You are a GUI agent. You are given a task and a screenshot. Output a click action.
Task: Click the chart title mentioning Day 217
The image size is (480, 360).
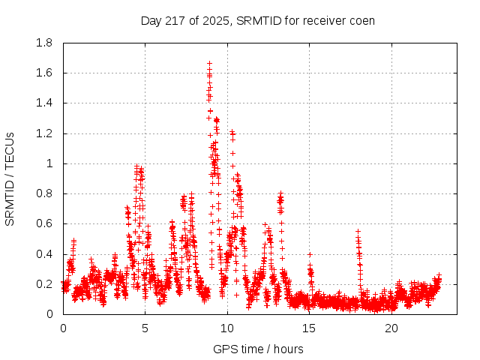[258, 20]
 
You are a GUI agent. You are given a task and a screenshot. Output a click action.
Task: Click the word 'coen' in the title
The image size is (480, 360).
[361, 20]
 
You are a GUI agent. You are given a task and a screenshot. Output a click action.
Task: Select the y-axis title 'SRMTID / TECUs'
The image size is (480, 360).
[10, 178]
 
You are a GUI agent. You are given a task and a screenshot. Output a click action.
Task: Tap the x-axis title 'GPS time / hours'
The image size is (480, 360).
[258, 349]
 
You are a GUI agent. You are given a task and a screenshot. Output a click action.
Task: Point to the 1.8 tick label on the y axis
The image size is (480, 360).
[44, 43]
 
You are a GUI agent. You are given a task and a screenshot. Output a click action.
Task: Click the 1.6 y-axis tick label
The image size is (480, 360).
[44, 73]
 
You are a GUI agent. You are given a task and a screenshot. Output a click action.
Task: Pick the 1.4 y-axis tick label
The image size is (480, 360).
[44, 103]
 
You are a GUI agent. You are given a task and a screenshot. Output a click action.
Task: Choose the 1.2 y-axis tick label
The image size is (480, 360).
[44, 133]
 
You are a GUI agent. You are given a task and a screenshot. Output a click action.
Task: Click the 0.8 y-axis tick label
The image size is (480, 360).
[44, 193]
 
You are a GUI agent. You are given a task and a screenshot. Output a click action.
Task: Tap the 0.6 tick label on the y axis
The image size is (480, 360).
[44, 223]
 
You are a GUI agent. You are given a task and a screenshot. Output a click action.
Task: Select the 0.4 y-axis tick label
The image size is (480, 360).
[44, 254]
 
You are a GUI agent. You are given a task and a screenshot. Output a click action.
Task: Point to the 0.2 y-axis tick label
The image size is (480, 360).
[44, 284]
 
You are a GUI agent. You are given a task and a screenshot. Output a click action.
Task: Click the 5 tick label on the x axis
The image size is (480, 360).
[145, 328]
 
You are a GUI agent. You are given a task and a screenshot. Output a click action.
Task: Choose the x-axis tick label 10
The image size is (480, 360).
[227, 328]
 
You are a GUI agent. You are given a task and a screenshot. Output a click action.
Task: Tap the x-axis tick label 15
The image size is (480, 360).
[310, 328]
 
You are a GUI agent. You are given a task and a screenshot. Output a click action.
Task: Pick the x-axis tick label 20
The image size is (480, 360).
[391, 328]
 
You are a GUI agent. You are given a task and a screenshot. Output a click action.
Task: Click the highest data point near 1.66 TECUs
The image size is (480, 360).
[209, 64]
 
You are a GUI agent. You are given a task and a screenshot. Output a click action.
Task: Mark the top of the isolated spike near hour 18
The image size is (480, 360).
[358, 231]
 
